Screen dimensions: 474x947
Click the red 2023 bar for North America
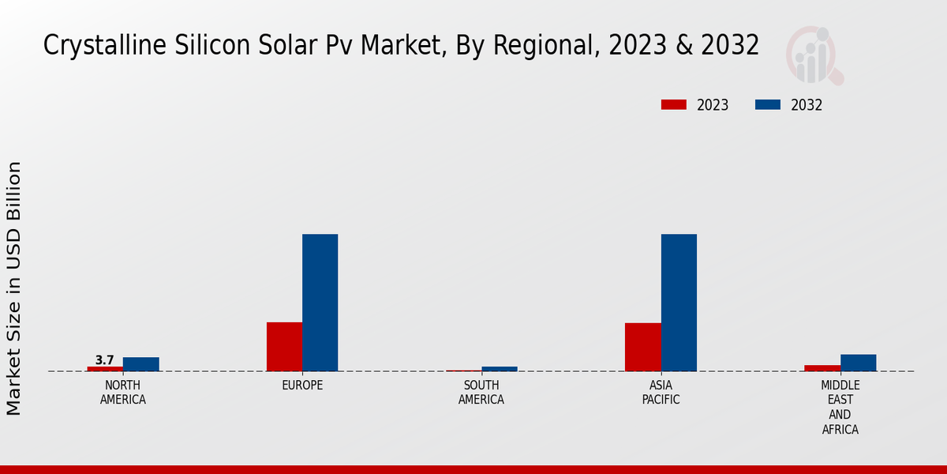105,369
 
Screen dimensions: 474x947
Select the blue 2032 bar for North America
140,364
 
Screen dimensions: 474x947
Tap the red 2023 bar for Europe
284,347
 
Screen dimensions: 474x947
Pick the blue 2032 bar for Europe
320,303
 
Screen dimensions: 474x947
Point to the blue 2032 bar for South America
500,369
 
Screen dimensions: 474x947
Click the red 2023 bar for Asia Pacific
642,347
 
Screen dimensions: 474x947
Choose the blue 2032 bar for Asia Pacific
679,303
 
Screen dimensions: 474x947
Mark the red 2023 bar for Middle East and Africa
822,368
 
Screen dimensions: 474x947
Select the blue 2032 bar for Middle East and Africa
858,363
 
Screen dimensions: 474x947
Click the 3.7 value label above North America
105,360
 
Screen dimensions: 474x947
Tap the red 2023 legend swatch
674,105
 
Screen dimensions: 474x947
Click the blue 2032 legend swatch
768,105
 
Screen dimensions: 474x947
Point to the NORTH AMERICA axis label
123,393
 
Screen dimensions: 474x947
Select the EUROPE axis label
302,386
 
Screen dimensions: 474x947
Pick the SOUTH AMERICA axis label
481,393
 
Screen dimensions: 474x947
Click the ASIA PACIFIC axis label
661,393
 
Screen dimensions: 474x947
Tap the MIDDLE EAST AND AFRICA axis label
840,408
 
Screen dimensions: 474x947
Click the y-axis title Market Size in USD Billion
14,288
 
